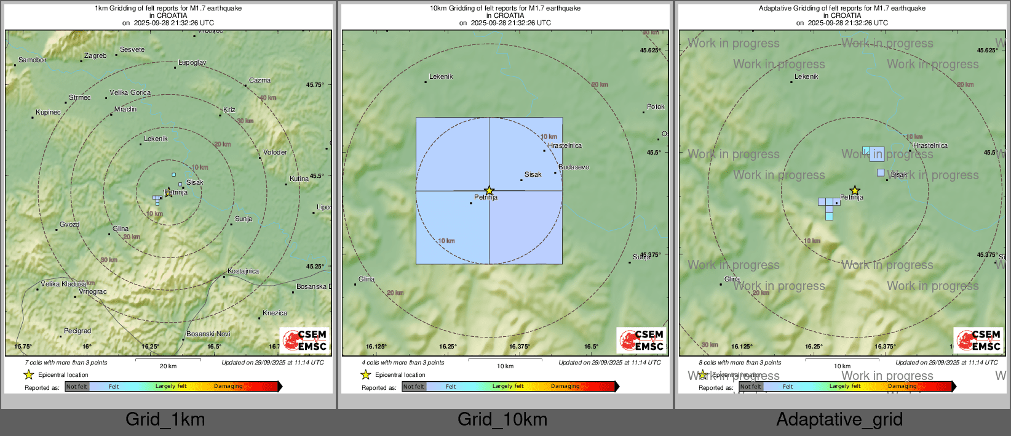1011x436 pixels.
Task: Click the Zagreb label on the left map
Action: coord(95,55)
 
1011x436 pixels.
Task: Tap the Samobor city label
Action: coord(32,60)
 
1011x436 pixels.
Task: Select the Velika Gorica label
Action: coord(130,92)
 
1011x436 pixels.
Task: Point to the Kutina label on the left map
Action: coord(299,179)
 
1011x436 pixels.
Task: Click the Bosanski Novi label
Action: coord(208,334)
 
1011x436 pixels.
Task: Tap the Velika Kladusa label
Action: coord(63,284)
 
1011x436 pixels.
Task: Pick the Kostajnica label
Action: coord(243,271)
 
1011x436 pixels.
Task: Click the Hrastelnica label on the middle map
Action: coord(565,145)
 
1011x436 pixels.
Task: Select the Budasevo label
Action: coord(573,167)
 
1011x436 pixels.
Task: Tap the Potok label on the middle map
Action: coord(656,107)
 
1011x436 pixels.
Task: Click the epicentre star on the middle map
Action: coord(489,191)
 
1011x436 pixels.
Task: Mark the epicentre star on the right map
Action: coord(855,191)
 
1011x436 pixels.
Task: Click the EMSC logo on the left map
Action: coord(306,340)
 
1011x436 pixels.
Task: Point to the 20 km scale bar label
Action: coord(168,366)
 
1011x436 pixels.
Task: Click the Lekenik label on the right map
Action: coord(806,76)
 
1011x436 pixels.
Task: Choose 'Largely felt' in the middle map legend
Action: coord(508,386)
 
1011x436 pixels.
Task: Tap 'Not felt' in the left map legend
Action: coord(77,386)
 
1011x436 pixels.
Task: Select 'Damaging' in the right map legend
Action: coord(902,386)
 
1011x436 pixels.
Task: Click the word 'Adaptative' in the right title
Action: coord(777,8)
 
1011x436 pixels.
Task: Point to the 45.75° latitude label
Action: coord(315,84)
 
